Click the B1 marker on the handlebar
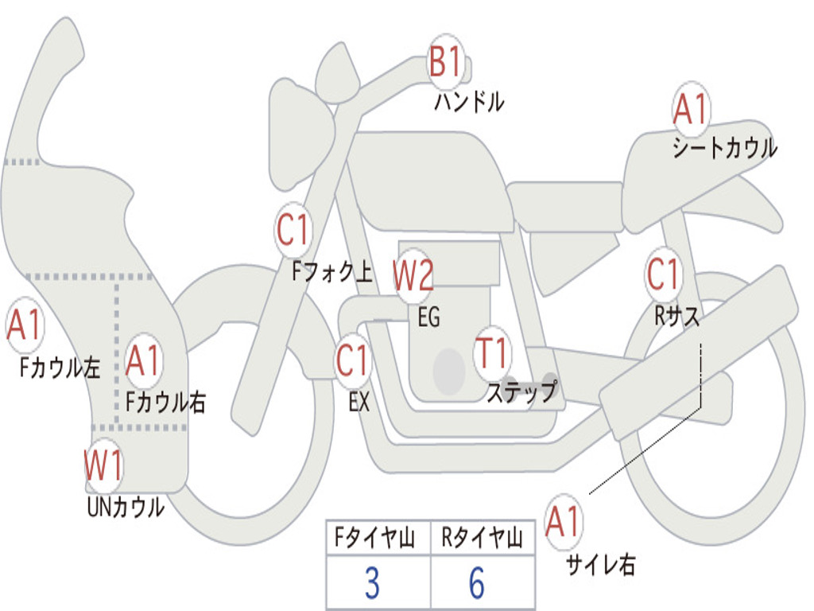[x=445, y=61]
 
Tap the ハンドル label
[x=469, y=102]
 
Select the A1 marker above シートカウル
[x=691, y=108]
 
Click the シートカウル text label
[x=725, y=148]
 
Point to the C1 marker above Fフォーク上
[x=293, y=230]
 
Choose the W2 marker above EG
[x=413, y=275]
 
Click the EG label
[x=428, y=317]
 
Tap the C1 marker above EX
[x=352, y=360]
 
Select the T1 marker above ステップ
[x=491, y=352]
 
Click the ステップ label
[x=522, y=391]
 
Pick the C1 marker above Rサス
[x=663, y=274]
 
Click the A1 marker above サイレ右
[x=564, y=521]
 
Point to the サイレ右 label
[x=601, y=564]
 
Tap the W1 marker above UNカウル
[x=103, y=465]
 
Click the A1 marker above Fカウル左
[x=25, y=325]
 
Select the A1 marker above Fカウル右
[x=143, y=360]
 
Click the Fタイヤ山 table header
[x=374, y=537]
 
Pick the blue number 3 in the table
[x=372, y=582]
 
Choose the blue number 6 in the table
[x=477, y=582]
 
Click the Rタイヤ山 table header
[x=482, y=537]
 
